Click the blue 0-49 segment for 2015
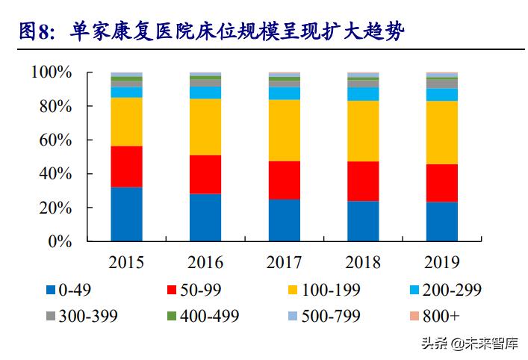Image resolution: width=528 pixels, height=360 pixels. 126,214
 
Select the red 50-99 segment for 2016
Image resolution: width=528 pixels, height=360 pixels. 205,174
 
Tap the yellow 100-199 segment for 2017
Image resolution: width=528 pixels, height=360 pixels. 285,130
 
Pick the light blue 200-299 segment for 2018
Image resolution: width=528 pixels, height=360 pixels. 363,93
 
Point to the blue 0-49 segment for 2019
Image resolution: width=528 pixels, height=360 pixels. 442,221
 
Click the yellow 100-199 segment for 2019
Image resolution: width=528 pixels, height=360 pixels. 442,131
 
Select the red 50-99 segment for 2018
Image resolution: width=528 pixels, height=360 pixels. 363,181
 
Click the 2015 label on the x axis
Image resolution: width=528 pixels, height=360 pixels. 126,263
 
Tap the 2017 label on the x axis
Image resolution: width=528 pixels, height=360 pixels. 285,263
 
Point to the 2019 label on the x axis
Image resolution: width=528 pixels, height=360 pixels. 442,263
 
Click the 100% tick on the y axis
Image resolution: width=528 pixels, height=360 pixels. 52,72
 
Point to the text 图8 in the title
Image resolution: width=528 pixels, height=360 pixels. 33,31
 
